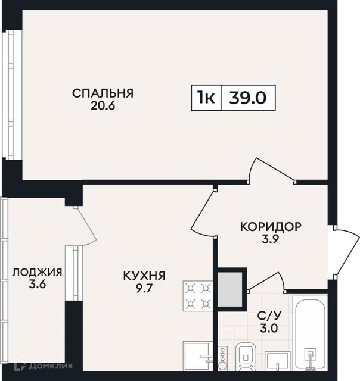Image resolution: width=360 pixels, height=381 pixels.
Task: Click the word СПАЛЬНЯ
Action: click(x=103, y=93)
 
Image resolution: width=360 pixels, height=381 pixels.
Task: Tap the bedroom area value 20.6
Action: click(x=103, y=106)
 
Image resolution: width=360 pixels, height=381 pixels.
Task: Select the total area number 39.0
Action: click(x=248, y=98)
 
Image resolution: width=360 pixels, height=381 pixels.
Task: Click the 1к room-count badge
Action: click(x=206, y=98)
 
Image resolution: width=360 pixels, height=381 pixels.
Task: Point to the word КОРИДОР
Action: click(x=271, y=227)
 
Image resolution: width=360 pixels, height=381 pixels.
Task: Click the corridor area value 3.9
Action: click(x=270, y=239)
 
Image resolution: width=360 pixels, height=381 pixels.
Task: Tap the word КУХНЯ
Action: click(x=144, y=276)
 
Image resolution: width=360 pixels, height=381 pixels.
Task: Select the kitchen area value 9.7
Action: click(x=144, y=288)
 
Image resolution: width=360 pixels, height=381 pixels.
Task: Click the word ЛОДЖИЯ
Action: click(x=37, y=272)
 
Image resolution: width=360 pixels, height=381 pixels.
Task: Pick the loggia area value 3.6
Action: click(x=37, y=285)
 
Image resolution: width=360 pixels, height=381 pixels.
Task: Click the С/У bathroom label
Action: click(x=269, y=316)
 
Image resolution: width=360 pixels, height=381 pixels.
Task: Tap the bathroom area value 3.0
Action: click(x=269, y=329)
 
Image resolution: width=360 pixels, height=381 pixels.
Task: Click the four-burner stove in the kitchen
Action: click(x=198, y=296)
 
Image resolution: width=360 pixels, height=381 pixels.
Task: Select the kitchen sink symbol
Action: click(x=198, y=356)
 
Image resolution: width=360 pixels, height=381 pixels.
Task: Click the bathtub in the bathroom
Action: click(x=310, y=333)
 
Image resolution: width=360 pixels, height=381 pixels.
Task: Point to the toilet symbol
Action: click(x=246, y=357)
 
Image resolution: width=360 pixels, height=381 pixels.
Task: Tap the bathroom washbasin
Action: click(x=277, y=361)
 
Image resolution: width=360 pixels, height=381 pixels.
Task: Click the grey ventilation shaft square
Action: click(x=230, y=289)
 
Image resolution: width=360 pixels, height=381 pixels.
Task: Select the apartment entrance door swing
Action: click(x=346, y=251)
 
